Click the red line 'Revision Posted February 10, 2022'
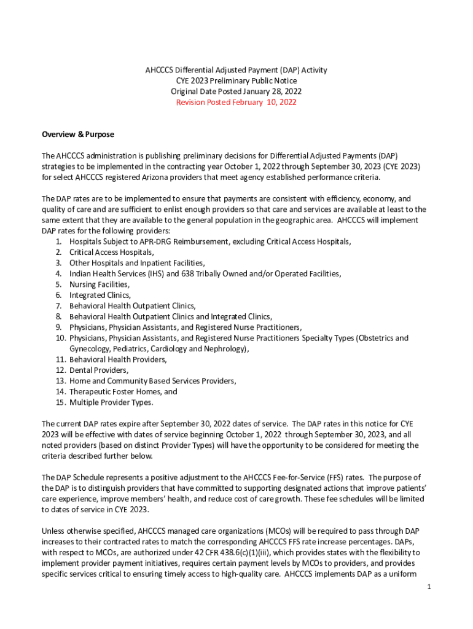(236, 103)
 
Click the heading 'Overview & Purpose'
(77, 135)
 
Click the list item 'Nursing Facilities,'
(100, 284)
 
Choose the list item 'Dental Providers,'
(99, 370)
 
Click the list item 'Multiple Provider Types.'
(111, 402)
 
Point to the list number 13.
(60, 381)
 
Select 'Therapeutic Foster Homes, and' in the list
(123, 391)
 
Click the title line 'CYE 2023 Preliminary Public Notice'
(236, 81)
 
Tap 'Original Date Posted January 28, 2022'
(236, 92)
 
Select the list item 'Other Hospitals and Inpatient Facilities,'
(137, 263)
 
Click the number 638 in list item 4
(187, 273)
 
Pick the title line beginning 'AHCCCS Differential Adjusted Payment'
(236, 70)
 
